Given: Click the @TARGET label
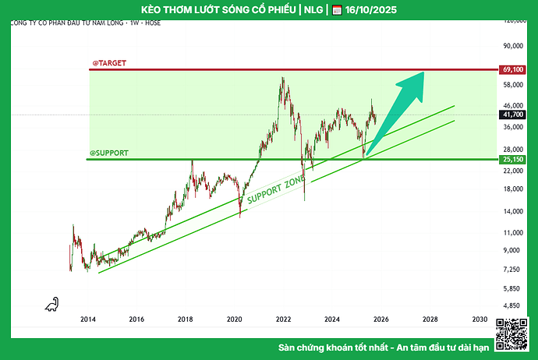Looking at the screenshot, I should pos(109,62).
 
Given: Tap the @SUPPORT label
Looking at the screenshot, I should pos(109,153).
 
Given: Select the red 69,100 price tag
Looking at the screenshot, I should pos(512,69).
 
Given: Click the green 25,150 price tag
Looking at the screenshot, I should pos(512,160).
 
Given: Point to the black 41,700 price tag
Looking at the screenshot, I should pos(512,115).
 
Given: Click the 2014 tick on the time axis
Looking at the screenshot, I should pos(87,319).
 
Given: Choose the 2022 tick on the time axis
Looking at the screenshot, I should pos(283,319).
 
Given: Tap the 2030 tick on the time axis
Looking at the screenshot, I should pos(480,319).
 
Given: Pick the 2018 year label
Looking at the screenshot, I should pos(186,319).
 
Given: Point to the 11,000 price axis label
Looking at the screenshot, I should pos(512,233).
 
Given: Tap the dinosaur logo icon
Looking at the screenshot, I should pos(52,303).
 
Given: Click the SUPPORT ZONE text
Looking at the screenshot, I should pos(275,191).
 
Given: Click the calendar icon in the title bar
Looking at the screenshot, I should pos(337,10).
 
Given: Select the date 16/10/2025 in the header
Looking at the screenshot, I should pos(372,10).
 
